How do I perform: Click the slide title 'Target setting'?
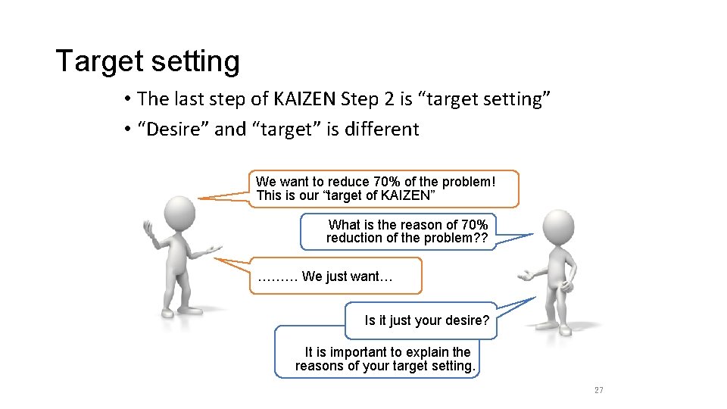[x=148, y=61]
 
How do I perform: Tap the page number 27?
[x=598, y=390]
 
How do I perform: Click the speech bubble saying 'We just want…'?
[x=337, y=276]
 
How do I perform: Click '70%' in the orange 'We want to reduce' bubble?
[x=391, y=182]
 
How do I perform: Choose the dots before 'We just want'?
[x=277, y=277]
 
